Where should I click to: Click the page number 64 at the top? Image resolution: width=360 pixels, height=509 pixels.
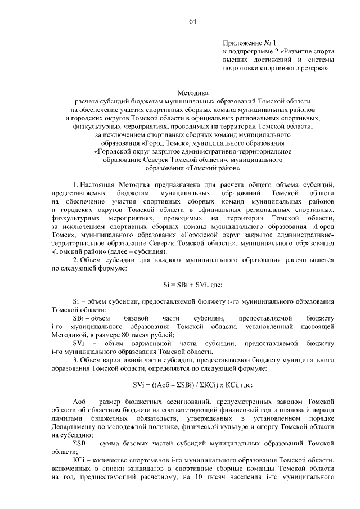tap(192, 21)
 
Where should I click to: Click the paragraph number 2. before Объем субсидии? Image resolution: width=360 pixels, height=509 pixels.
tap(76, 260)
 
